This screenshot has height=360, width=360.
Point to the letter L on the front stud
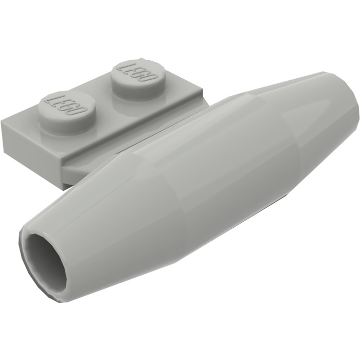point(51,99)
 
